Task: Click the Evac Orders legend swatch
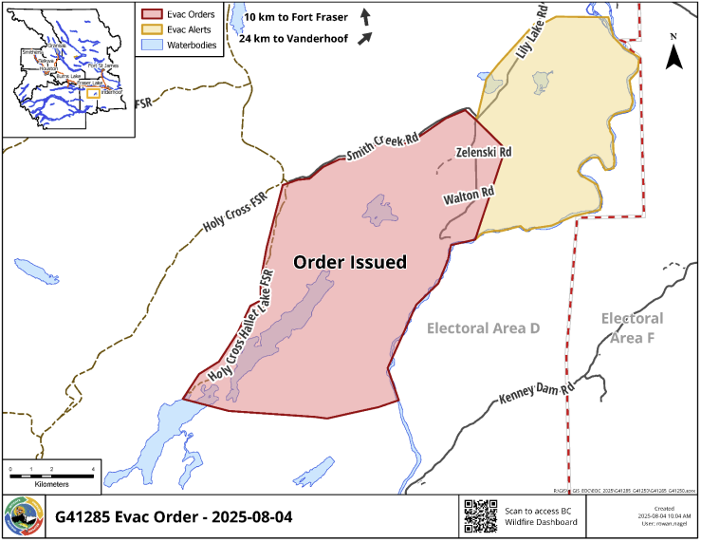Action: pyautogui.click(x=151, y=14)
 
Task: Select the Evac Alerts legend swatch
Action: pyautogui.click(x=151, y=29)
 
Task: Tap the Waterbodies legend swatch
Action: pyautogui.click(x=151, y=45)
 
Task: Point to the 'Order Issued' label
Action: pyautogui.click(x=349, y=262)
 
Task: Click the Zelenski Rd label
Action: pyautogui.click(x=484, y=152)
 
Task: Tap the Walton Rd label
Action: pyautogui.click(x=470, y=196)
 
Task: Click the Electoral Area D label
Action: pyautogui.click(x=483, y=328)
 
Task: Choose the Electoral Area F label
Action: pyautogui.click(x=632, y=328)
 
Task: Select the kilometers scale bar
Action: pyautogui.click(x=51, y=469)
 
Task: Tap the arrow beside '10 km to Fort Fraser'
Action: pyautogui.click(x=365, y=17)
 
